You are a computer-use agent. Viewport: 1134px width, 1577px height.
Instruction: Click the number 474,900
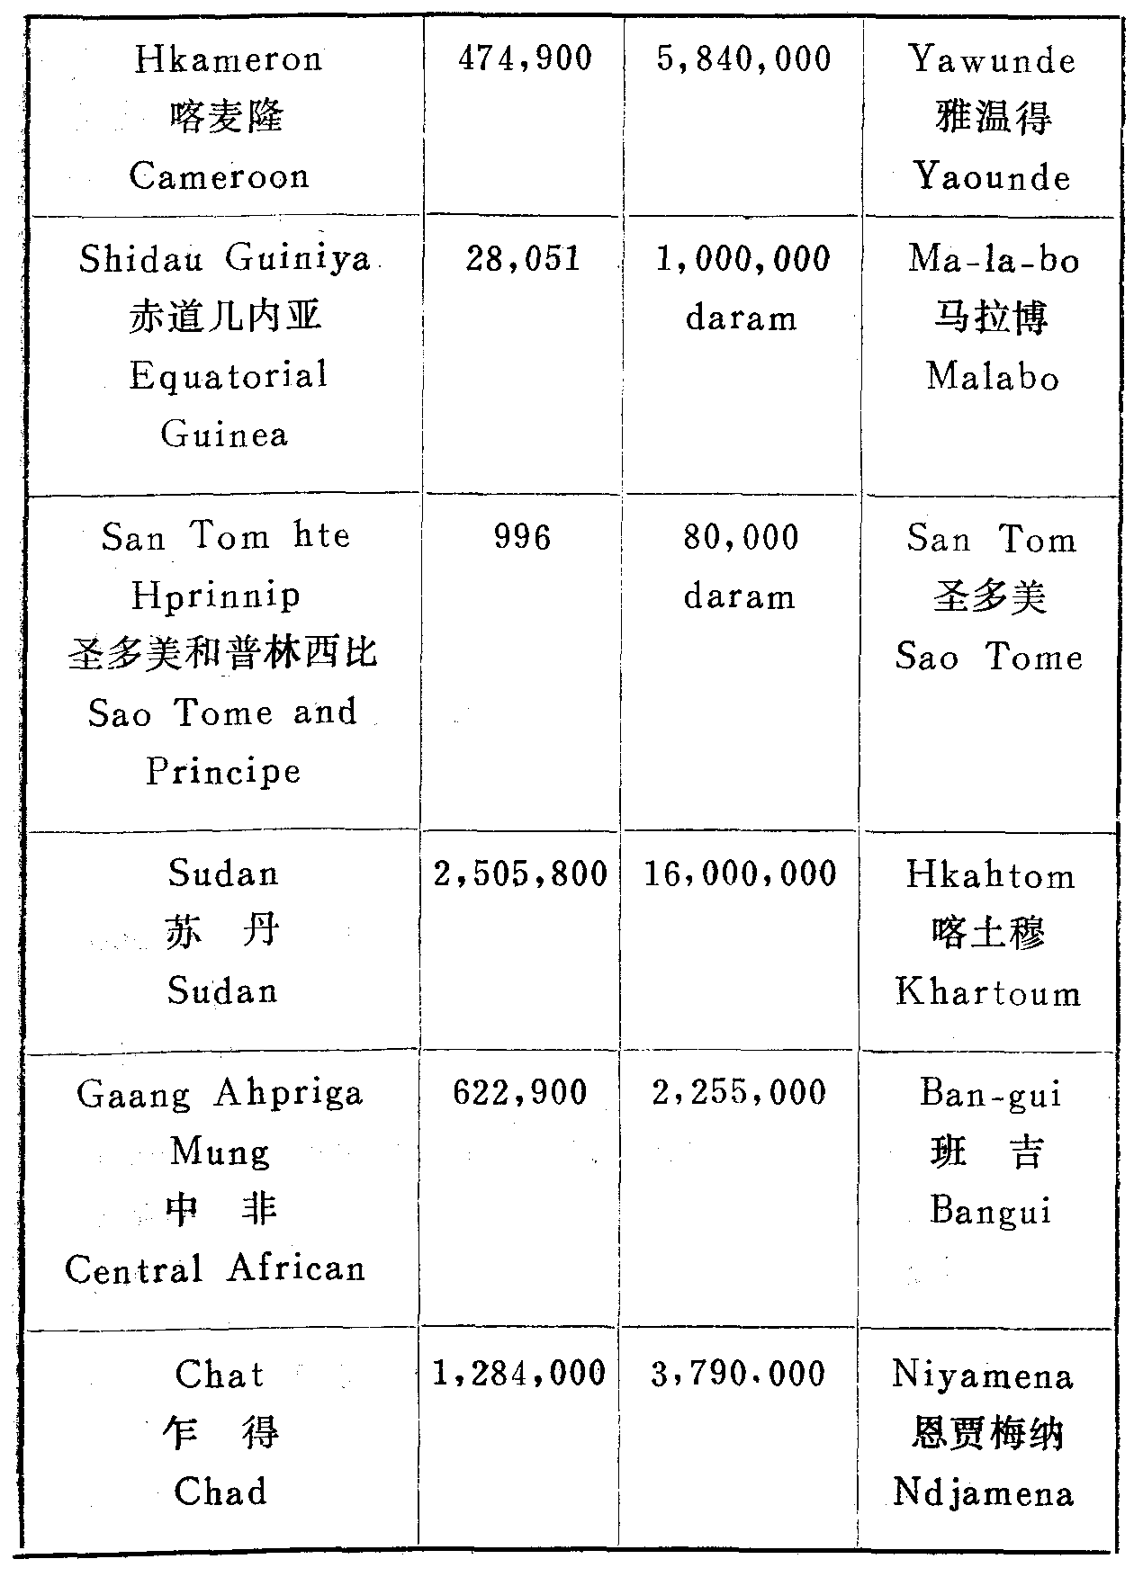(x=525, y=59)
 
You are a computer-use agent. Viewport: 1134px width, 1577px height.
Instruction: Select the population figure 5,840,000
(x=743, y=59)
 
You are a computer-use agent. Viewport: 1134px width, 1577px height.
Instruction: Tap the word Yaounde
(x=992, y=176)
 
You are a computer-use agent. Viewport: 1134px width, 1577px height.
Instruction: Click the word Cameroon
(x=220, y=175)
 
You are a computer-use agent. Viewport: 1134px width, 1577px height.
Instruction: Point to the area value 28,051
(x=523, y=259)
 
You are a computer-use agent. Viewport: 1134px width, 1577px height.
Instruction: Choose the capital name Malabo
(x=993, y=376)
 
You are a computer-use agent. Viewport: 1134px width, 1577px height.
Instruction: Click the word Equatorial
(x=229, y=375)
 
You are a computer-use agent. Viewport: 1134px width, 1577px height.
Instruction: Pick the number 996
(x=522, y=537)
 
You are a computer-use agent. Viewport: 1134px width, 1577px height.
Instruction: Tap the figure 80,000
(x=741, y=538)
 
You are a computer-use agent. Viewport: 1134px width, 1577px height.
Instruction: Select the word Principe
(x=224, y=771)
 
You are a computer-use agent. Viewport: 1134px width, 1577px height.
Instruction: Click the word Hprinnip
(x=216, y=596)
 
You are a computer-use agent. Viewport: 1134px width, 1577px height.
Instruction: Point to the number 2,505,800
(x=521, y=874)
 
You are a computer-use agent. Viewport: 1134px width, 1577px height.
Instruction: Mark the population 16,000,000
(x=741, y=874)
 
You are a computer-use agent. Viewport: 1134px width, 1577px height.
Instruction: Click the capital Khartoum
(x=988, y=992)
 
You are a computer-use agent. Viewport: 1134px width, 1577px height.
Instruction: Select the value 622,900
(x=520, y=1093)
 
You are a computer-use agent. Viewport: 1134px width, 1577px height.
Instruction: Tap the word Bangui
(x=990, y=1210)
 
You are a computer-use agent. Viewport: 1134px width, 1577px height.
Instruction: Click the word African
(x=296, y=1268)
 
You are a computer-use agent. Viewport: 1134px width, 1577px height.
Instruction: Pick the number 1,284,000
(x=519, y=1374)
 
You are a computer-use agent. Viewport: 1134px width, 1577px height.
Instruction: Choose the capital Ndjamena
(x=983, y=1493)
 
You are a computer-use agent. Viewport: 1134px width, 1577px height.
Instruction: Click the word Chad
(x=220, y=1492)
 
